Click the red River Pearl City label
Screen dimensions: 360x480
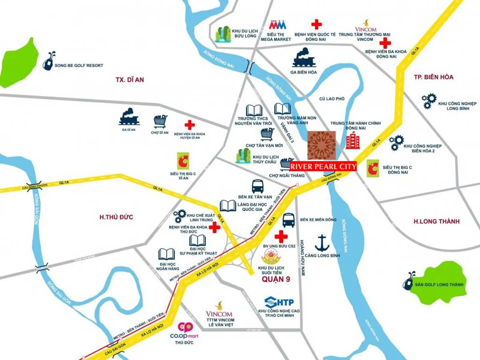(323, 166)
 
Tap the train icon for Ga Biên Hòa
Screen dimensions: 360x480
(304, 58)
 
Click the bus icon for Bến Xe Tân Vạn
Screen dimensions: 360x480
(258, 186)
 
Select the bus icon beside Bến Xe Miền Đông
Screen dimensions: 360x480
(288, 220)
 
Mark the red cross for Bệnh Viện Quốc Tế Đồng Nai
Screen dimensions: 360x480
(316, 24)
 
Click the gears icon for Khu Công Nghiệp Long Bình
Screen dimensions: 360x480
(429, 101)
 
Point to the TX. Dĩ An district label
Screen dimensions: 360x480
(130, 80)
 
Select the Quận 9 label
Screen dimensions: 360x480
(276, 279)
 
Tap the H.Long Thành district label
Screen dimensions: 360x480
(436, 221)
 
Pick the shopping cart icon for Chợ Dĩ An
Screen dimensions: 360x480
(160, 121)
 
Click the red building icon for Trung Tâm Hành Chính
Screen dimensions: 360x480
(353, 141)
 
